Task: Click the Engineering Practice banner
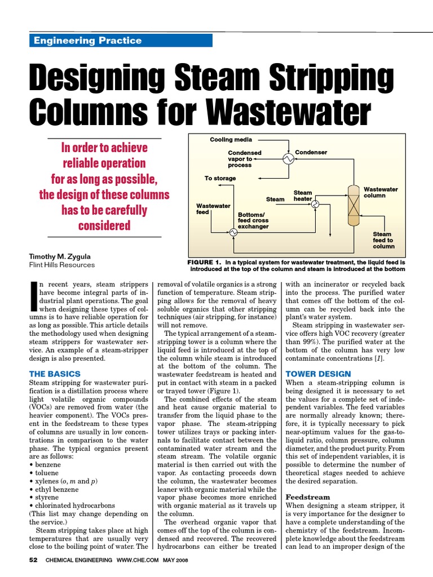121,41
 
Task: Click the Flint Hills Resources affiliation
62,265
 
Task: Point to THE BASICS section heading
55,374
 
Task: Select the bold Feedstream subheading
308,498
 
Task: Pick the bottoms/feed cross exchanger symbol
232,231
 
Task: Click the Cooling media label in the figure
231,139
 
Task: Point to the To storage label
220,178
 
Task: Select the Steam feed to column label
383,240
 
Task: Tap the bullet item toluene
45,473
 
